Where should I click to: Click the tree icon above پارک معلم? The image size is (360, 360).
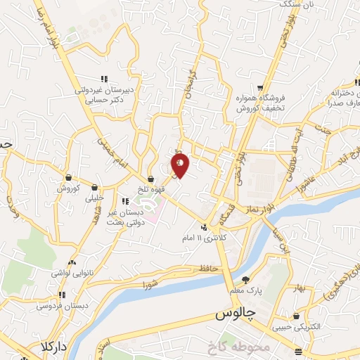[245, 280]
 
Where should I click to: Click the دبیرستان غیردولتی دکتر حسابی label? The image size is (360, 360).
[104, 96]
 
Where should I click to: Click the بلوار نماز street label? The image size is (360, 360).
[259, 210]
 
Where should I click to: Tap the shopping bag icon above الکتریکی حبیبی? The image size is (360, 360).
[296, 316]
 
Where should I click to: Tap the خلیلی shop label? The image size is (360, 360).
[94, 199]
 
